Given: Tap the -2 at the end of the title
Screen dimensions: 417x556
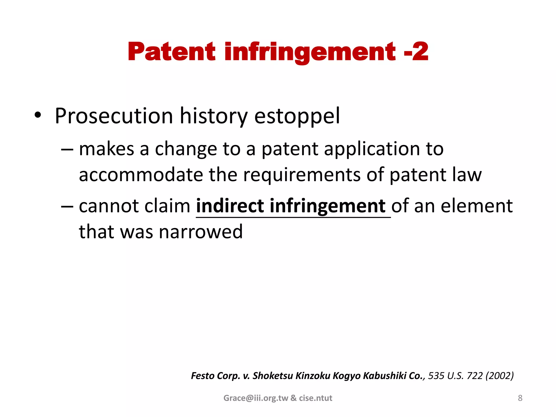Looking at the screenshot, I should point(416,52).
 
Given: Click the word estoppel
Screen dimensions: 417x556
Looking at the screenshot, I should point(297,116).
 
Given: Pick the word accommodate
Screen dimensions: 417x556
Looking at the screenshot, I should point(141,175).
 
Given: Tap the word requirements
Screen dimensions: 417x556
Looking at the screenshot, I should point(302,175).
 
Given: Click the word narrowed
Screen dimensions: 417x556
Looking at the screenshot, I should point(201,232).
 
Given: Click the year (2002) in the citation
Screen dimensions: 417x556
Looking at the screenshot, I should point(500,376).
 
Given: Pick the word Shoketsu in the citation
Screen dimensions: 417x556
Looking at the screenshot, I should point(273,376).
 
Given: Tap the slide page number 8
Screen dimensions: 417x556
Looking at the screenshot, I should point(520,398).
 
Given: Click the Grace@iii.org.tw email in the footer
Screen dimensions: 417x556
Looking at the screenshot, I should point(255,398).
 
